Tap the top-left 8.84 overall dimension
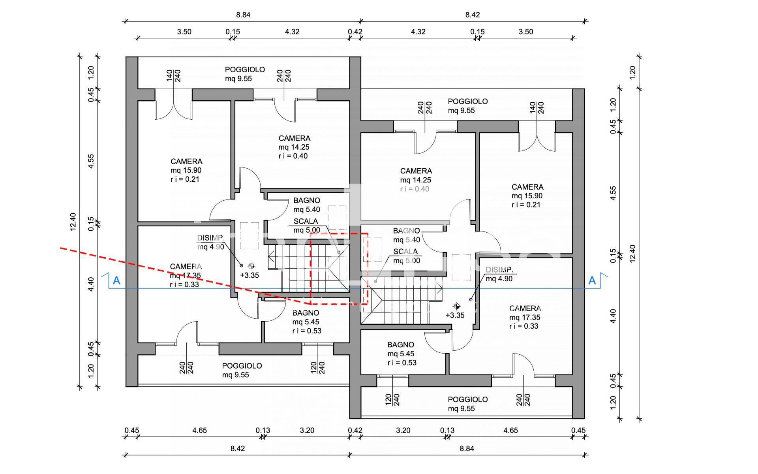243,15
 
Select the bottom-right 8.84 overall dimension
467,448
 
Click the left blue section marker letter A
116,281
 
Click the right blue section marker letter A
592,280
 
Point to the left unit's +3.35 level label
250,275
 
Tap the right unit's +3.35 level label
455,315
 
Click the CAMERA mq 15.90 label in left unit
186,170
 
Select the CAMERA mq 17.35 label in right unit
525,317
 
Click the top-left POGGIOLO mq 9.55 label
245,74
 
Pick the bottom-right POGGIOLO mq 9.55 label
467,404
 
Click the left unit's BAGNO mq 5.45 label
306,322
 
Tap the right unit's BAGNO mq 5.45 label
401,354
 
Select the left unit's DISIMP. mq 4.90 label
211,243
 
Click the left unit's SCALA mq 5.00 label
306,226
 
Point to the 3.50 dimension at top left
184,32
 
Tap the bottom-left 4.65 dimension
200,430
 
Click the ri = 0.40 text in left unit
293,156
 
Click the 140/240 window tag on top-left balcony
173,75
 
